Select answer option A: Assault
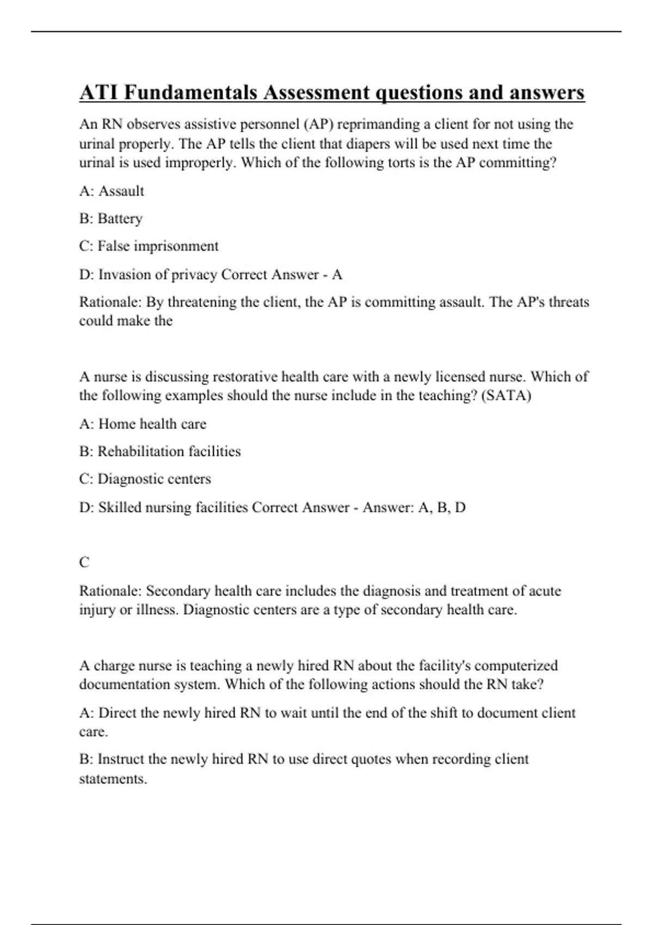(x=112, y=191)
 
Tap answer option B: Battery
(x=110, y=219)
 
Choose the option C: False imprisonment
(x=149, y=246)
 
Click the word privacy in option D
(x=194, y=275)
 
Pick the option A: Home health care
(x=143, y=424)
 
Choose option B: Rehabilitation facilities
(x=159, y=452)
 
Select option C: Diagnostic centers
(x=145, y=479)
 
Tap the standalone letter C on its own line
(x=84, y=563)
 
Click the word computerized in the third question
(x=518, y=665)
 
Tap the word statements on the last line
(x=113, y=779)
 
